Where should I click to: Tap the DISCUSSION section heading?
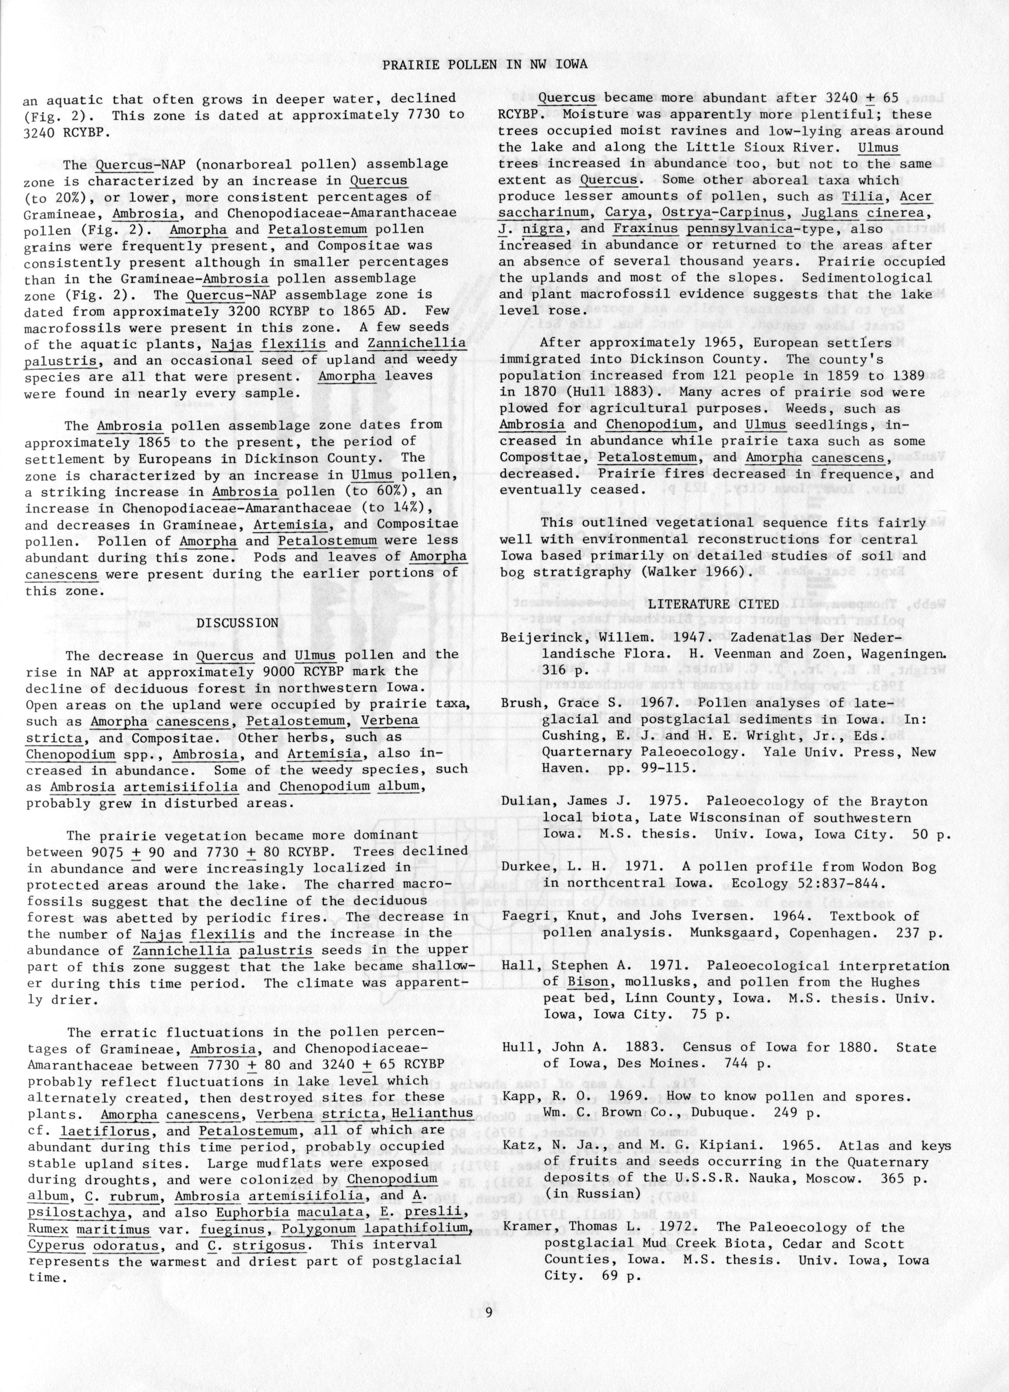point(237,623)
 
